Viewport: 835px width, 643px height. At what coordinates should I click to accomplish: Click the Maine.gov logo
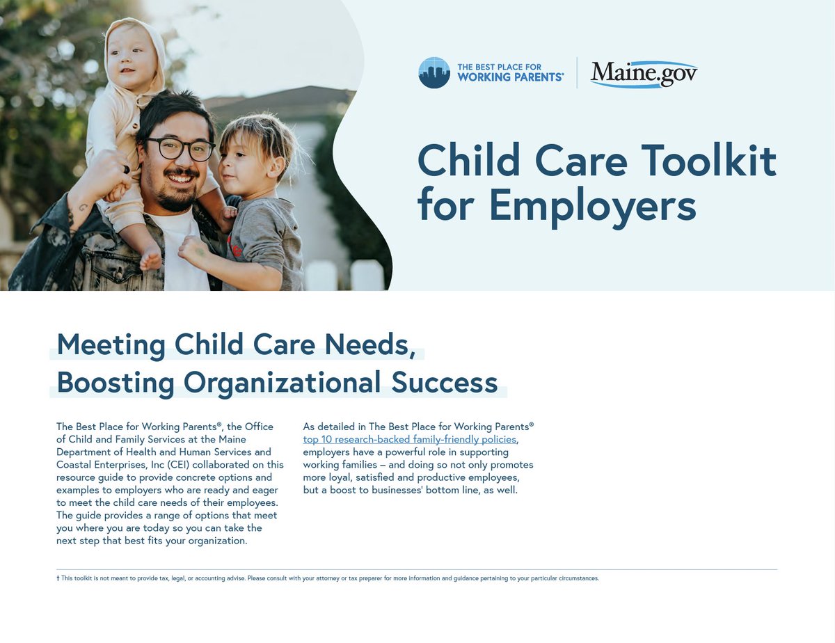[644, 73]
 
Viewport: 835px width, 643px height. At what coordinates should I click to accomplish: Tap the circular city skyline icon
[434, 72]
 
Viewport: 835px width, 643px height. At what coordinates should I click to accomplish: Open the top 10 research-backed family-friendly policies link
[410, 439]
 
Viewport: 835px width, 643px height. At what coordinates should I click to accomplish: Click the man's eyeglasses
[180, 148]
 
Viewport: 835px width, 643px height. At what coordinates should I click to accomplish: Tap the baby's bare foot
[150, 260]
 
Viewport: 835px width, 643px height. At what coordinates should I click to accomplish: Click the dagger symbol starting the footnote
[58, 578]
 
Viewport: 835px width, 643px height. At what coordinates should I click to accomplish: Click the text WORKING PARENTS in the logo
[510, 77]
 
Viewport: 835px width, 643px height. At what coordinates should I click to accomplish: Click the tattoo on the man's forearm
[81, 207]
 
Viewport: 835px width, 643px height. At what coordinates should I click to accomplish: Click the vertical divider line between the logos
[577, 72]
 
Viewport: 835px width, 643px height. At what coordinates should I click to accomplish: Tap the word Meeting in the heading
[111, 344]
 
